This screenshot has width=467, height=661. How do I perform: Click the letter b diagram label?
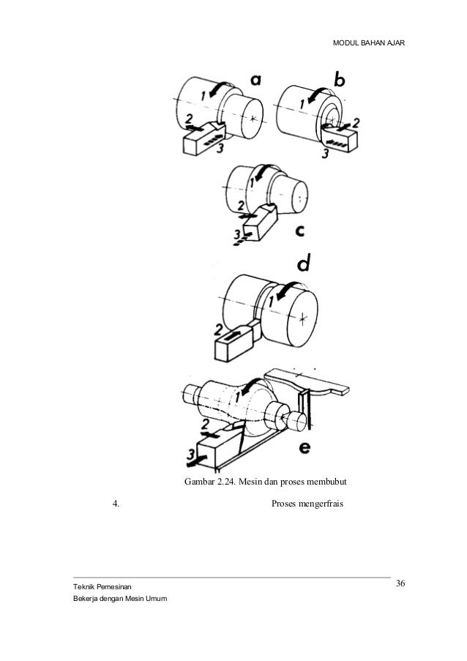pos(343,79)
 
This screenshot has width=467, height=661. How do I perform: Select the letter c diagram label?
pos(300,231)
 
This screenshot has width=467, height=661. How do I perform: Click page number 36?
pos(400,583)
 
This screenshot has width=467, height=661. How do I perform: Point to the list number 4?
pos(116,504)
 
